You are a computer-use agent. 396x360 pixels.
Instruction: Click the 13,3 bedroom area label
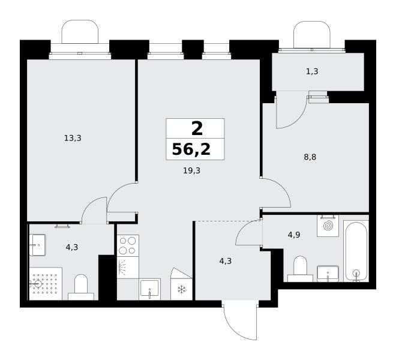coord(73,138)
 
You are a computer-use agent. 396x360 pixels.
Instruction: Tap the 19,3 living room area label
coord(191,171)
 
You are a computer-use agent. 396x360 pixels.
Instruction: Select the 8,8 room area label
coord(310,157)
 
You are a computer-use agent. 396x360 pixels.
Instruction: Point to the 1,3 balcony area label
coord(312,72)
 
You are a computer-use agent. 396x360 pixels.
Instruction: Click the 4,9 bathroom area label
coord(294,235)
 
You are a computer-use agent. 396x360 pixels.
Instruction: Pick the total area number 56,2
coord(191,149)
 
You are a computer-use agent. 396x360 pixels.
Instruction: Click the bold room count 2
coord(197,128)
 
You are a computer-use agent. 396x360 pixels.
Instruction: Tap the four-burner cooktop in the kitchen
coord(128,245)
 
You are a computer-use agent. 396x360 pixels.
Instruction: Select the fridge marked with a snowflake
coord(181,284)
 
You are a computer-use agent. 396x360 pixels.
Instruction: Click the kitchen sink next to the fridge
coord(149,289)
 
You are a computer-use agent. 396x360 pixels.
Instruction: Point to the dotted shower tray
coord(46,284)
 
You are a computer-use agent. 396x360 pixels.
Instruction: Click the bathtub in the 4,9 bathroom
coord(356,251)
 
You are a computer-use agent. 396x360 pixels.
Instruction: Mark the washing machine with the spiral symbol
coord(328,226)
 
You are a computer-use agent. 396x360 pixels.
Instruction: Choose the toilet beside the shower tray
coord(81,287)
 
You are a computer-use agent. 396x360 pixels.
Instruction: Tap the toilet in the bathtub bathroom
coord(300,269)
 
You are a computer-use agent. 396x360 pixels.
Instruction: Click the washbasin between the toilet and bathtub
coord(328,274)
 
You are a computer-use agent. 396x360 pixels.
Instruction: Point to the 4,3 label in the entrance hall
coord(225,261)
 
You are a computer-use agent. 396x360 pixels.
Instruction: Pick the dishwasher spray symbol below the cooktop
coord(128,268)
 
